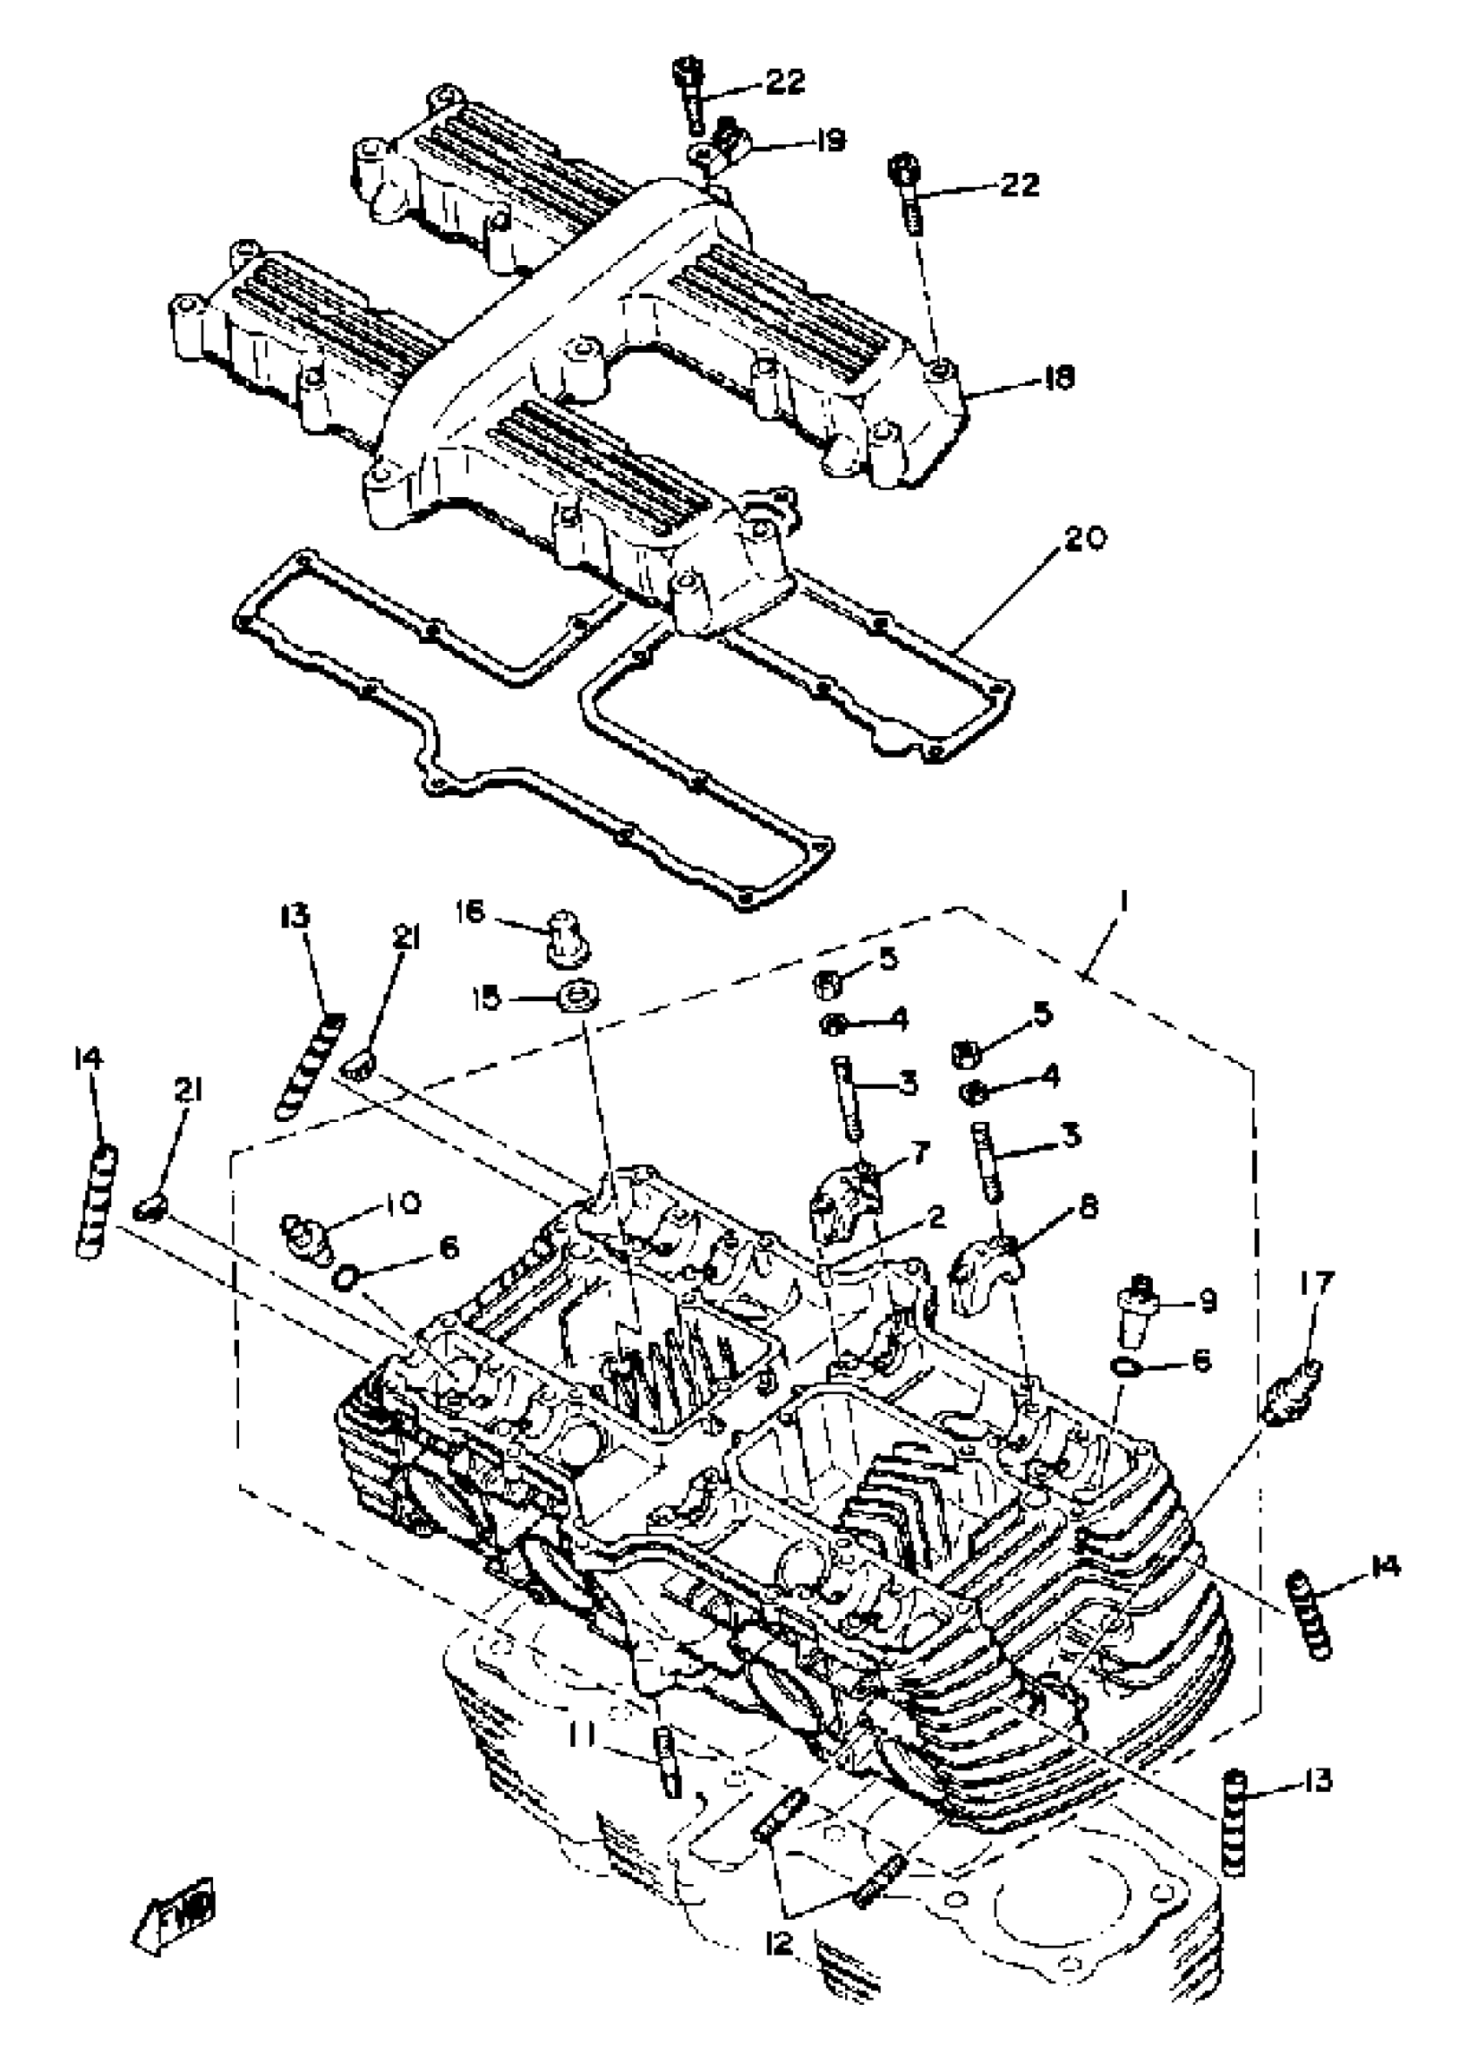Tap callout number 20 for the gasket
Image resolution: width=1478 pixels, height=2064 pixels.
pyautogui.click(x=1083, y=539)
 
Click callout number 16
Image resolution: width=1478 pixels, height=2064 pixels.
pyautogui.click(x=470, y=913)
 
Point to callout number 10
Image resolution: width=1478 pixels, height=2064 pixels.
pyautogui.click(x=402, y=1203)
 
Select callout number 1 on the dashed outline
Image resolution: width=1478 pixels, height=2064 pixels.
pyautogui.click(x=1125, y=900)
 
